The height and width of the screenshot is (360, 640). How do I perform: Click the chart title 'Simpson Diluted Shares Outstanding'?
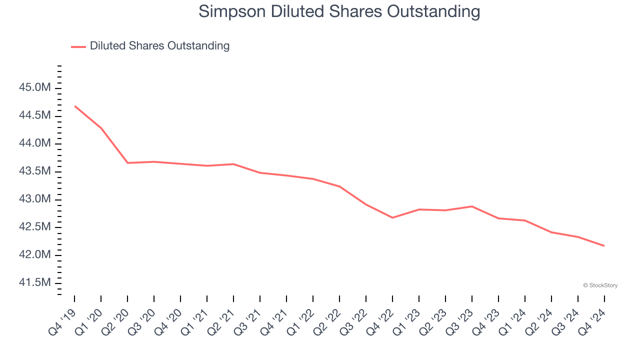point(339,11)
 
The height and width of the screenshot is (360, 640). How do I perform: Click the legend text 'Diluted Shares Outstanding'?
point(159,46)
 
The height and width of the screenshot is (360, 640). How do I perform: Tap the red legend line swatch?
point(78,46)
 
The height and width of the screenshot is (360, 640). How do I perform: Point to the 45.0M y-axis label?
point(34,88)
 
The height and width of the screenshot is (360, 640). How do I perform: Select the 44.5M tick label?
point(34,116)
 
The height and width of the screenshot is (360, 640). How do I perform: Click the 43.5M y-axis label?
point(34,171)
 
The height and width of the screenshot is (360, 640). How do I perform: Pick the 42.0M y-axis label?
point(34,255)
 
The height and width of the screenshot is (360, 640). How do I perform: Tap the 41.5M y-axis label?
point(34,283)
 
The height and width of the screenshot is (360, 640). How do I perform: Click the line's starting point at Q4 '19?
point(74,106)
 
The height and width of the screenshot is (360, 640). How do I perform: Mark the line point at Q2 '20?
point(127,163)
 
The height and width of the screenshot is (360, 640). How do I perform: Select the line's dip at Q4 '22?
point(392,217)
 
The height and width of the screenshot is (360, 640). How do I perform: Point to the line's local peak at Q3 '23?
point(472,206)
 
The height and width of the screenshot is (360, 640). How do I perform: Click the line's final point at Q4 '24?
point(604,245)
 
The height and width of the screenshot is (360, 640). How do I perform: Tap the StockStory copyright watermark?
point(600,285)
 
